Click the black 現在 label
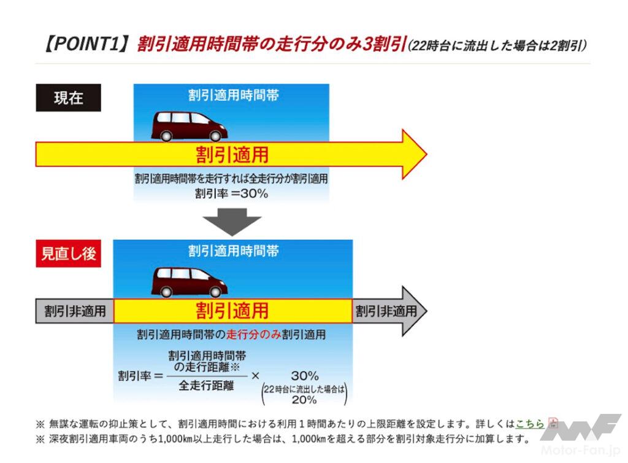[x=68, y=98]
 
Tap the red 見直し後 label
[x=68, y=254]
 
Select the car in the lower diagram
[x=190, y=282]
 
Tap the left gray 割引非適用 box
[x=75, y=311]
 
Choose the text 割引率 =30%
[x=231, y=193]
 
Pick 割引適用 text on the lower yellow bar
[x=232, y=311]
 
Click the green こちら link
[x=530, y=424]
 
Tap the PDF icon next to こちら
[x=553, y=423]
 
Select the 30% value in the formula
[x=304, y=375]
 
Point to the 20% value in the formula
[x=304, y=400]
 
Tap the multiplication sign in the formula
[x=256, y=375]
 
